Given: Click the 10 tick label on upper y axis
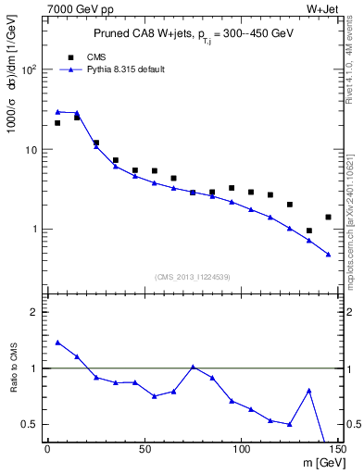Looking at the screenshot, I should coord(32,149).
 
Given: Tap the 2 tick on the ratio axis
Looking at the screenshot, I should coord(36,312).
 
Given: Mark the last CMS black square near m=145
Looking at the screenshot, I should coord(328,217).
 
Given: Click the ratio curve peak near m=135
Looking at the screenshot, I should coord(308,390).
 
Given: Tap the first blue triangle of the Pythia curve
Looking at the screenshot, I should coord(57,111).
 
